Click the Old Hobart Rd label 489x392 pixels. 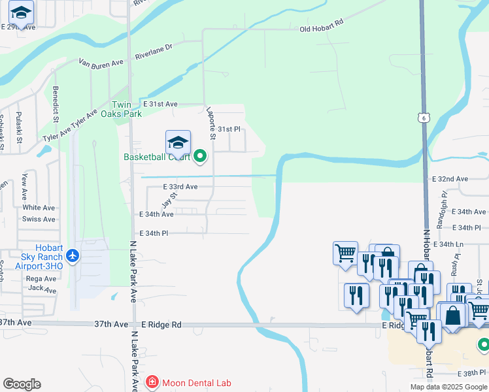point(321,26)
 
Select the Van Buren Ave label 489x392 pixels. point(101,63)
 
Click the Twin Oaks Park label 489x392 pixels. point(126,109)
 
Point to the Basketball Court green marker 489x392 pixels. point(201,157)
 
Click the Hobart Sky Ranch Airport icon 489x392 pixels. point(72,255)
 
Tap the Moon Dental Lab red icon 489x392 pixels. point(152,382)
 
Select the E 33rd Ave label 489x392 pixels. point(180,187)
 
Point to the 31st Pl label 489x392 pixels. point(229,129)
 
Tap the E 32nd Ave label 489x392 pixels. point(450,178)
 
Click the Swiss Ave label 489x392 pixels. point(39,219)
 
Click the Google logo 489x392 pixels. point(22,384)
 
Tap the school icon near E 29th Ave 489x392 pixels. point(22,13)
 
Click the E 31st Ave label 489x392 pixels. point(160,104)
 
